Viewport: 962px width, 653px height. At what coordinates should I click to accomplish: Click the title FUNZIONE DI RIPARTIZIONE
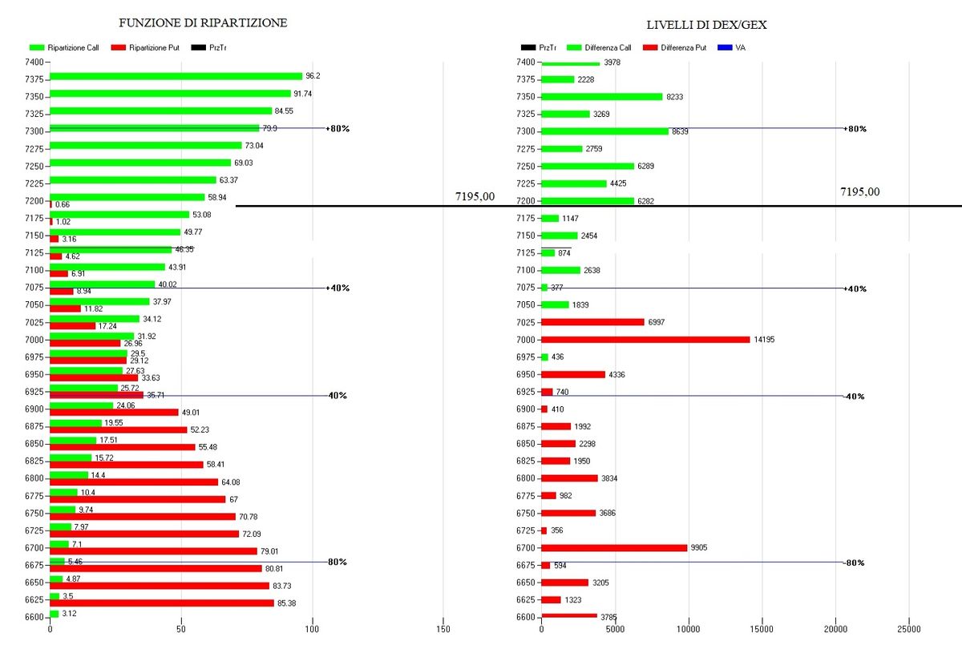click(x=203, y=23)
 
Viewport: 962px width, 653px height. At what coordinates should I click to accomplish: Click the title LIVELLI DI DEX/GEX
click(x=706, y=25)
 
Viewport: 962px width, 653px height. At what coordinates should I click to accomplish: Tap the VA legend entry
click(x=735, y=48)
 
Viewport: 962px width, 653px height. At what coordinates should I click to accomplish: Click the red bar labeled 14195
click(x=645, y=340)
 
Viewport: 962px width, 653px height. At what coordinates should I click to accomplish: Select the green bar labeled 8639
click(x=604, y=131)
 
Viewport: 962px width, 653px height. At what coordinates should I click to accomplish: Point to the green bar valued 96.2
click(x=176, y=76)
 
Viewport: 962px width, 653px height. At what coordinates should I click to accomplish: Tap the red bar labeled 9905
click(x=614, y=548)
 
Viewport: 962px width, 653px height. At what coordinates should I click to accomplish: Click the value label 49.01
click(x=190, y=413)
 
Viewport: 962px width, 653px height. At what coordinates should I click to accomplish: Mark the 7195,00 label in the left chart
click(x=475, y=195)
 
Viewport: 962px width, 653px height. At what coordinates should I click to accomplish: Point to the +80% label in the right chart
click(x=855, y=129)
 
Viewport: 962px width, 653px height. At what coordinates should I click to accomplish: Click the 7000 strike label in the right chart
click(x=525, y=340)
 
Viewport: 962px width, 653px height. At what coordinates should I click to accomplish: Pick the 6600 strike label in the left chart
click(x=34, y=617)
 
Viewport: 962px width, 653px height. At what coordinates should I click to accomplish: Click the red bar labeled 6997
click(x=592, y=322)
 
